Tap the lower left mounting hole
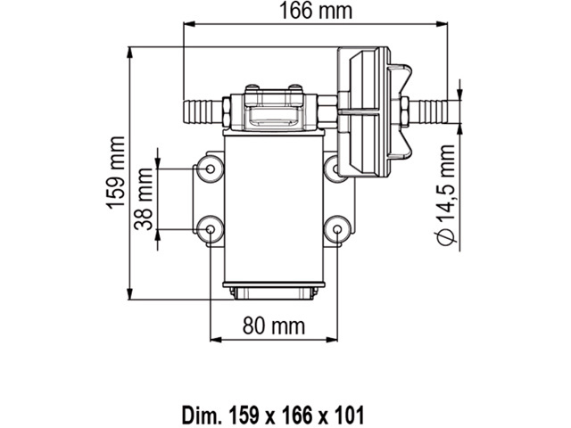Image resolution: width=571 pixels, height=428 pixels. pyautogui.click(x=211, y=229)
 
